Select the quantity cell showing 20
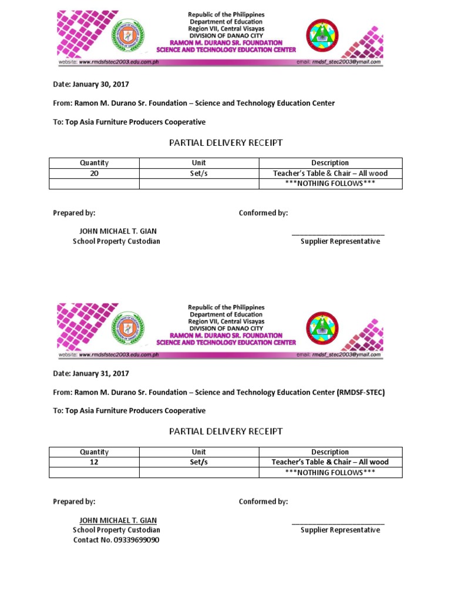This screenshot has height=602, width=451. pyautogui.click(x=93, y=173)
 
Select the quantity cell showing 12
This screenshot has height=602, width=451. pyautogui.click(x=93, y=462)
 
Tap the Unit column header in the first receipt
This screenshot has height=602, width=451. pyautogui.click(x=198, y=163)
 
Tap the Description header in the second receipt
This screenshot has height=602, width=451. pyautogui.click(x=330, y=452)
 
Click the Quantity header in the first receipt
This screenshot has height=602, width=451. pyautogui.click(x=94, y=163)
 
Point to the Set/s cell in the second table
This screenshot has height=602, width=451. pyautogui.click(x=198, y=462)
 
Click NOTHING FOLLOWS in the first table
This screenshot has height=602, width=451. pyautogui.click(x=330, y=183)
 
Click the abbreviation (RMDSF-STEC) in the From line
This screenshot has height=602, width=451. pyautogui.click(x=361, y=392)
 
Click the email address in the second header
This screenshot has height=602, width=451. pyautogui.click(x=347, y=355)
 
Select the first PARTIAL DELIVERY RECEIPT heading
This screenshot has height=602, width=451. pyautogui.click(x=225, y=142)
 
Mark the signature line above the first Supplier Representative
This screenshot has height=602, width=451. pyautogui.click(x=338, y=235)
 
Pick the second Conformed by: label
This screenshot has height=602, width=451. pyautogui.click(x=263, y=501)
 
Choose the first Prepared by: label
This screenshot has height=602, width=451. pyautogui.click(x=74, y=213)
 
